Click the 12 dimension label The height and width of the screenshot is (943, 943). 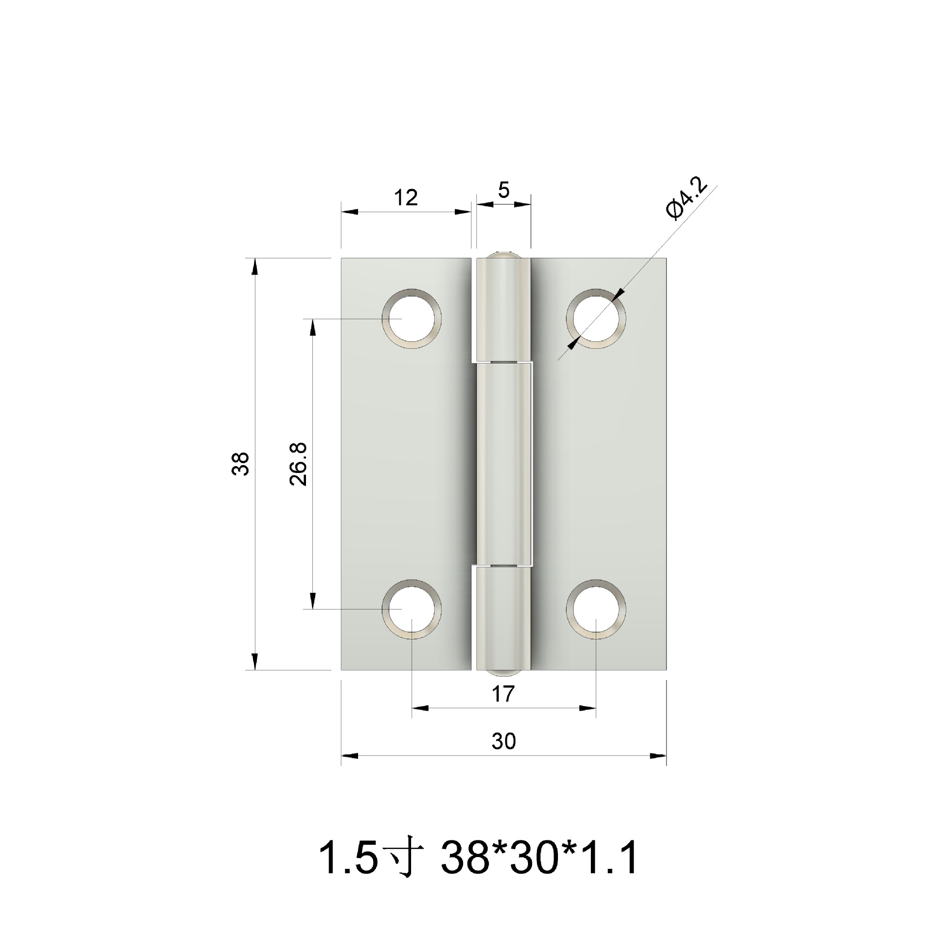point(406,197)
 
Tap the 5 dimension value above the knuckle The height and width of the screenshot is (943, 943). point(503,190)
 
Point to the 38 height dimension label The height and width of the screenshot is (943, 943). point(241,463)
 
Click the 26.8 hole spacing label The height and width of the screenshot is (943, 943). point(299,464)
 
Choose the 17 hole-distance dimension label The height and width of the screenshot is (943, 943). point(503,694)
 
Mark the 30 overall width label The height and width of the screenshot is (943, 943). point(503,741)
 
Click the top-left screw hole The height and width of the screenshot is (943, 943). point(412,319)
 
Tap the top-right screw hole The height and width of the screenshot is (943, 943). point(596,319)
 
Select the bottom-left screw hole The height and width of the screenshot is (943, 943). point(412,609)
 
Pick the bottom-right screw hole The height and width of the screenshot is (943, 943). point(596,609)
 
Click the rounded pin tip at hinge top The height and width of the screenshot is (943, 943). point(503,254)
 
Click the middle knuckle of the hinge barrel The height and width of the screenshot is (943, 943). point(503,464)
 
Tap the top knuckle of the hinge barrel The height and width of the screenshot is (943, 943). point(503,309)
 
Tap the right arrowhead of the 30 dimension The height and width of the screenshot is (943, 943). point(658,756)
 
